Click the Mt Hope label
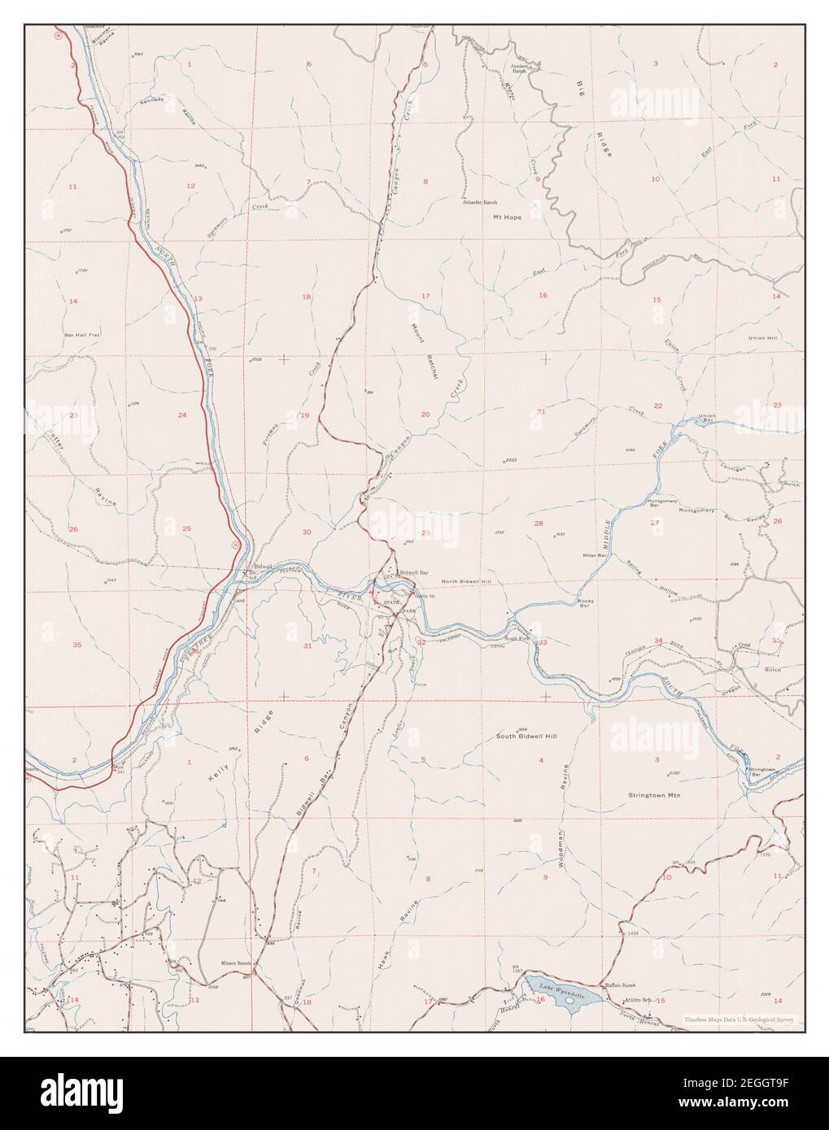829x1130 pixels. [507, 217]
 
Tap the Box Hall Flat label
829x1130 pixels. [81, 334]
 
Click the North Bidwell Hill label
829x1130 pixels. [466, 582]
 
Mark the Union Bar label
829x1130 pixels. [706, 419]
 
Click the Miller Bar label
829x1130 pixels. [596, 554]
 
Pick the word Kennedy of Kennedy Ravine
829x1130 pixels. [152, 100]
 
